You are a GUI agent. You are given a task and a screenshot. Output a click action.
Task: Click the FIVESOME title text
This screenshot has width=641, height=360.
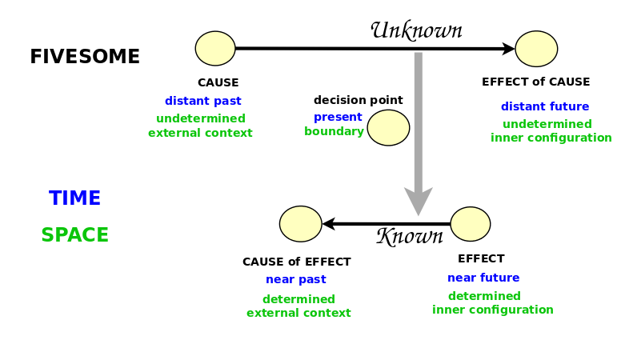tap(85, 56)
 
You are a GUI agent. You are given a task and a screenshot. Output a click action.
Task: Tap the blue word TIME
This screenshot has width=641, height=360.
tap(74, 198)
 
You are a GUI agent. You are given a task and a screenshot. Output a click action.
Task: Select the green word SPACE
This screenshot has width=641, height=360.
tap(74, 235)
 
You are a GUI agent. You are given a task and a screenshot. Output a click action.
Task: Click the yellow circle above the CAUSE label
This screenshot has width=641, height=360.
tap(215, 48)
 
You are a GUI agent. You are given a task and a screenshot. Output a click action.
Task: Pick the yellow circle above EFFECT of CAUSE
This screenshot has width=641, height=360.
tap(536, 49)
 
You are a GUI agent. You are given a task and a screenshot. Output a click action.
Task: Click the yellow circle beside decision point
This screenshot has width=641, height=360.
tap(388, 127)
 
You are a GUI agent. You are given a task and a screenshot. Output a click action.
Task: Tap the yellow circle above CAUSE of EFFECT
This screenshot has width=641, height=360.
tap(301, 224)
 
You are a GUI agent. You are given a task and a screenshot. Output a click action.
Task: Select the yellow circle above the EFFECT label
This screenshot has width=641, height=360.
tap(471, 224)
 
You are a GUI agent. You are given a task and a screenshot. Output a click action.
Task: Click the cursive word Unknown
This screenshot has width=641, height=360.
tap(417, 30)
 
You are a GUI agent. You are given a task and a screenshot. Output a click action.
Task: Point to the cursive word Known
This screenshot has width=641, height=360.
tap(410, 236)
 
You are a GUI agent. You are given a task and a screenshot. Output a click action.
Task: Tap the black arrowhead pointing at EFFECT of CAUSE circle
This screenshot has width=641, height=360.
tap(508, 49)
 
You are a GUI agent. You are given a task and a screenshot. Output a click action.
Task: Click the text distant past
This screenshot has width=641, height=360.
tap(203, 101)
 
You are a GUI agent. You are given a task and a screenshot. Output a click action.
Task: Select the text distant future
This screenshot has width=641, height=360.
tap(545, 106)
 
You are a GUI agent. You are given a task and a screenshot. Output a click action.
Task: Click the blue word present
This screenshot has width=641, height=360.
tap(338, 118)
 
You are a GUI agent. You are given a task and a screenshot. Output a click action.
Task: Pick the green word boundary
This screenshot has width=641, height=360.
tap(334, 131)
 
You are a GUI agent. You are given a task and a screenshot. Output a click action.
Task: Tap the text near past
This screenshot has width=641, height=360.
tap(296, 279)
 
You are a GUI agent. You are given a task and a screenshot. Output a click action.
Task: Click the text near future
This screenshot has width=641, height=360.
tap(483, 278)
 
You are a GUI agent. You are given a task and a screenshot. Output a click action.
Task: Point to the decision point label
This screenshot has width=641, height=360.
tap(359, 100)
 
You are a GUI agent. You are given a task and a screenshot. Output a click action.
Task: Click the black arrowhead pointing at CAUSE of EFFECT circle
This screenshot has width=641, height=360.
tap(329, 224)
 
